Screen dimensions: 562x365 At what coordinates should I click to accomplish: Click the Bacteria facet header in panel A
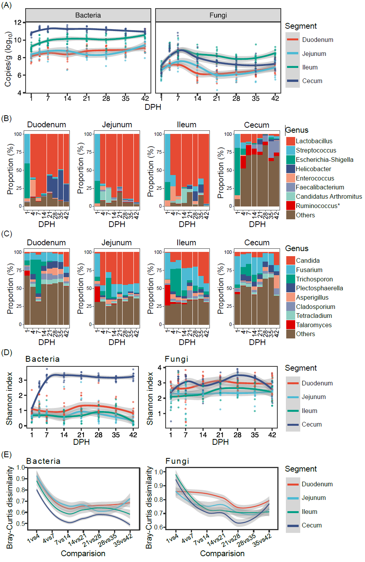pyautogui.click(x=88, y=15)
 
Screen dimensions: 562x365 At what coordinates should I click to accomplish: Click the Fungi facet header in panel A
pyautogui.click(x=218, y=15)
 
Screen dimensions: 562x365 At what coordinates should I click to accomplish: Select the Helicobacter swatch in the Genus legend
pyautogui.click(x=291, y=169)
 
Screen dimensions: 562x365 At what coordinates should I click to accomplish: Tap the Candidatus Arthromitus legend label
pyautogui.click(x=329, y=196)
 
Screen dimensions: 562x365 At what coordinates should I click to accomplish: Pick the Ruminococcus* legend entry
pyautogui.click(x=317, y=206)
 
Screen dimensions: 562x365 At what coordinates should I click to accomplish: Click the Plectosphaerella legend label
pyautogui.click(x=319, y=288)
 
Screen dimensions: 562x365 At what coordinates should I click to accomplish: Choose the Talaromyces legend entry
pyautogui.click(x=313, y=325)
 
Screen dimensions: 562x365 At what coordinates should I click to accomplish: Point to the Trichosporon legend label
pyautogui.click(x=314, y=279)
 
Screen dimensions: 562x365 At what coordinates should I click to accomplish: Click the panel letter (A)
pyautogui.click(x=7, y=5)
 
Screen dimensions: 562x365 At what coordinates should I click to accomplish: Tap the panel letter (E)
pyautogui.click(x=7, y=454)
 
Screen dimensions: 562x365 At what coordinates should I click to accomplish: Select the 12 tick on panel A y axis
pyautogui.click(x=17, y=23)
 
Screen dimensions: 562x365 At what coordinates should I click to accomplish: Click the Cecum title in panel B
pyautogui.click(x=256, y=125)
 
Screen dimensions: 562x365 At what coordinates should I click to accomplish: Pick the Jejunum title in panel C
pyautogui.click(x=116, y=243)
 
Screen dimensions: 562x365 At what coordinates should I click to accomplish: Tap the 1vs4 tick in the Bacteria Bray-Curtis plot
pyautogui.click(x=33, y=538)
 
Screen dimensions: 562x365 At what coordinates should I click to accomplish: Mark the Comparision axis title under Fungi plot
pyautogui.click(x=222, y=553)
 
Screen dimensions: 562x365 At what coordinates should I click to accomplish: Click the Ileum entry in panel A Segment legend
pyautogui.click(x=310, y=67)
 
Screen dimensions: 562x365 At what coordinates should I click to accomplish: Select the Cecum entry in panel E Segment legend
pyautogui.click(x=311, y=525)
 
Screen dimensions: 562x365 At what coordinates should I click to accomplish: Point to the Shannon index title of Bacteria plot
pyautogui.click(x=9, y=399)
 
